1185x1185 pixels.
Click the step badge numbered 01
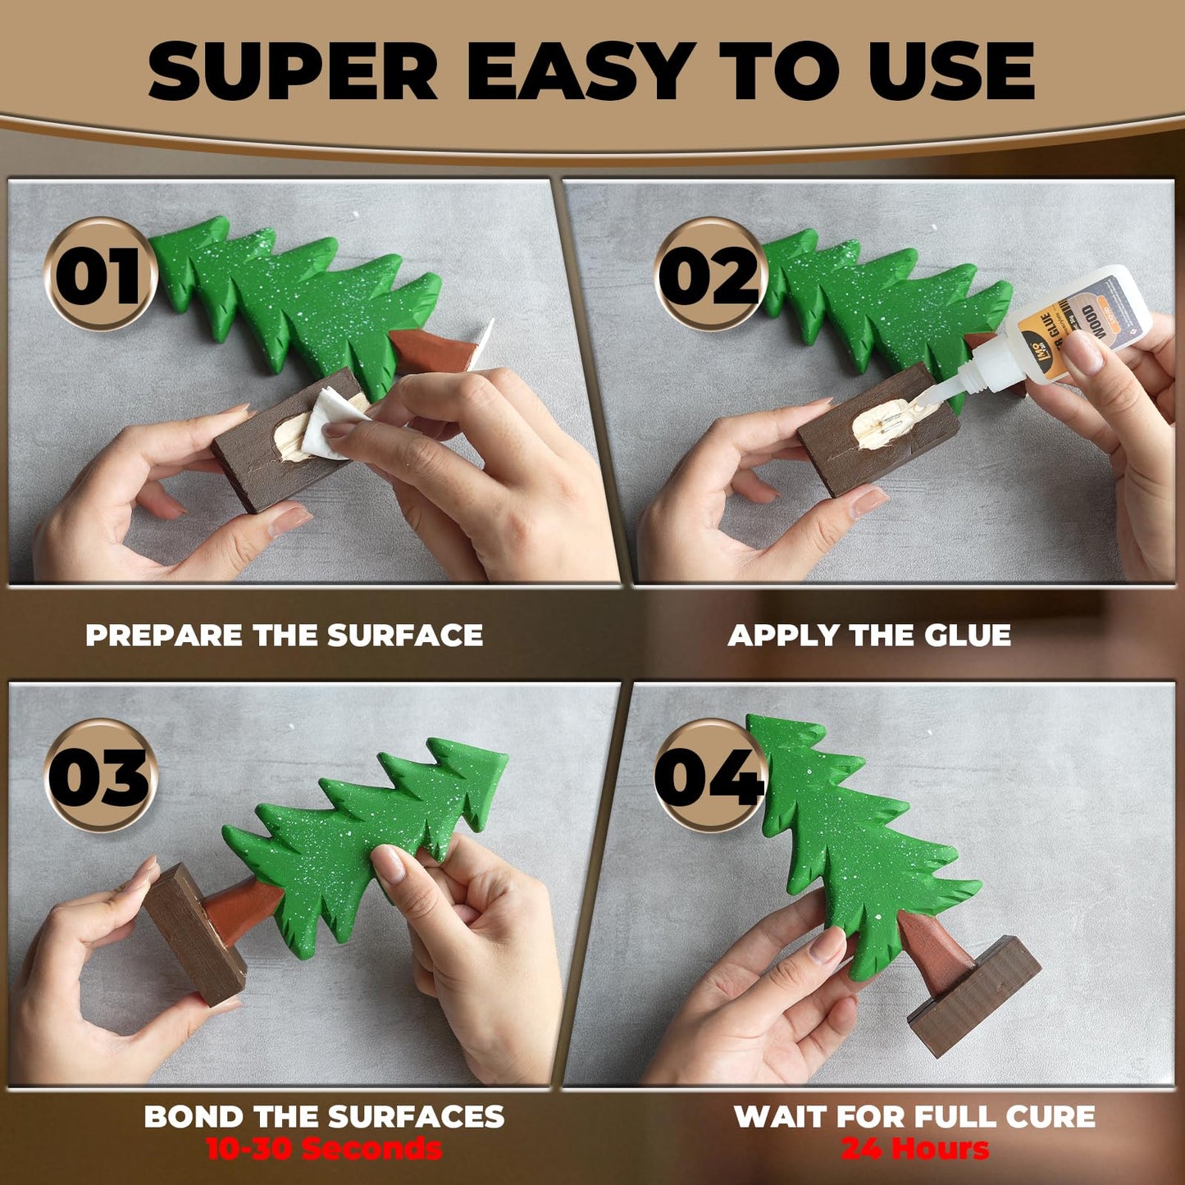click(100, 274)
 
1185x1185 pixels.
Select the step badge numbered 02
click(710, 274)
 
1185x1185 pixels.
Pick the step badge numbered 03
click(100, 776)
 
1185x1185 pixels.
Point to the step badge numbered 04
click(710, 776)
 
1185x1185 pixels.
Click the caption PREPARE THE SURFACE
click(284, 636)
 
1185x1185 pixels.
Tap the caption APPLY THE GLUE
click(869, 636)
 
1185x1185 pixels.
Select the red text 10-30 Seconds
click(323, 1149)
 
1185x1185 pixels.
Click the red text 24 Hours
click(914, 1149)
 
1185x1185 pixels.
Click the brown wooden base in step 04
click(976, 996)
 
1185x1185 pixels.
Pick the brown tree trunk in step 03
click(242, 906)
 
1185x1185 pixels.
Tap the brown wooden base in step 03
click(193, 935)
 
